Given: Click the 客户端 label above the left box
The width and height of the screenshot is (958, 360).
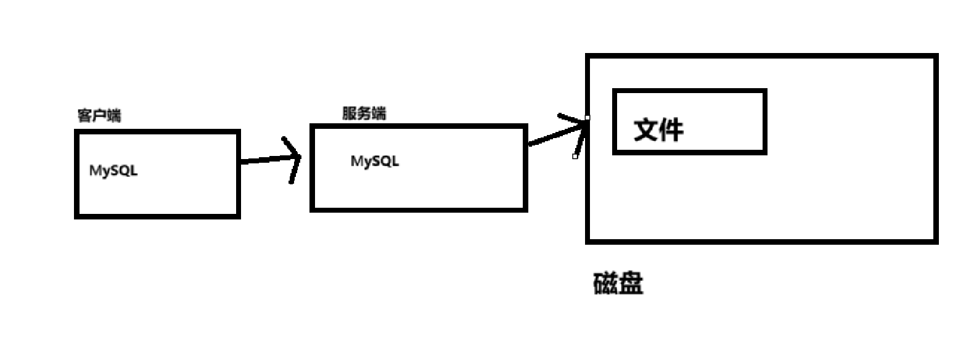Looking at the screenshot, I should coord(99,116).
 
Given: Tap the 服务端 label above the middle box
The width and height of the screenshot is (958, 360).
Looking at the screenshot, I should coord(365,114).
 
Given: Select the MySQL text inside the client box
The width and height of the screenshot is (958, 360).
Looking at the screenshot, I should coord(113,171).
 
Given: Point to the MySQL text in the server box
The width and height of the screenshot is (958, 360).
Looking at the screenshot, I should coord(375,162).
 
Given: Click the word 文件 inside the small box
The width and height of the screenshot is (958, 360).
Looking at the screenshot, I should coord(658,130).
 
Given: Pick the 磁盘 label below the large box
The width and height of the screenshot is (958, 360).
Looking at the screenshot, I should coord(618,284).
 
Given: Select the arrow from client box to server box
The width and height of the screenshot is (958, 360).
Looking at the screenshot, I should coord(265,160).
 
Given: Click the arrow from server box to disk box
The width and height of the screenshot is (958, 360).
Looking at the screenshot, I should coord(552,137).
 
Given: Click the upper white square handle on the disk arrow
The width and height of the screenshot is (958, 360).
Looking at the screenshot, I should coord(587,117).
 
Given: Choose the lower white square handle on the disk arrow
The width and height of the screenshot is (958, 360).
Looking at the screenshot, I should coord(575,157).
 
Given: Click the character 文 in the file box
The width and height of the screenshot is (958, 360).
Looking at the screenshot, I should coord(646,130).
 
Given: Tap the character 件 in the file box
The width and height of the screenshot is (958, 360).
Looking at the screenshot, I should coord(671,130).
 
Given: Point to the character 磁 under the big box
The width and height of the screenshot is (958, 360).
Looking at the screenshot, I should coord(605,284).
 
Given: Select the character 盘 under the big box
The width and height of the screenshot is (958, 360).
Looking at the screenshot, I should coord(631,284).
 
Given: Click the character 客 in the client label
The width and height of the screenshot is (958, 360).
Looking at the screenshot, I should coord(84,116).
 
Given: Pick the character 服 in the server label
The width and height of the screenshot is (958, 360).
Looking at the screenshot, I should coord(350,114).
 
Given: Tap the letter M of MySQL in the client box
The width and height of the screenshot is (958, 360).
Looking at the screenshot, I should coord(96,171).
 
